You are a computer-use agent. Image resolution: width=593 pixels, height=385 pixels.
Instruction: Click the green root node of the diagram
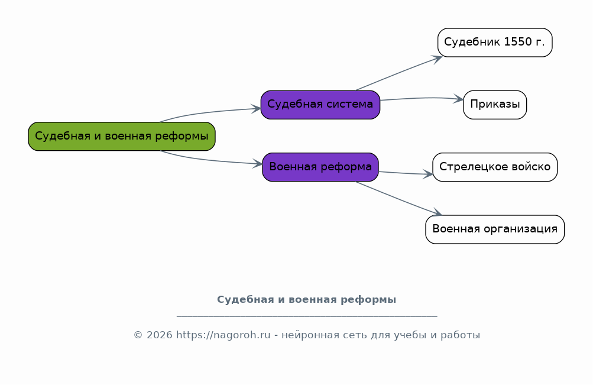pos(122,136)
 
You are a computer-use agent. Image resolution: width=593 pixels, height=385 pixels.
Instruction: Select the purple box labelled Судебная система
pos(320,105)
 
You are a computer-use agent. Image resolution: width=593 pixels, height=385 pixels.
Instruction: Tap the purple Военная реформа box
pos(320,167)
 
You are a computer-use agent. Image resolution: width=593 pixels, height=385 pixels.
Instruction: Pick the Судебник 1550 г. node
pos(495,43)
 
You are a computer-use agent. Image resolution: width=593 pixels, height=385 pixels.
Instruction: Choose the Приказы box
pos(495,105)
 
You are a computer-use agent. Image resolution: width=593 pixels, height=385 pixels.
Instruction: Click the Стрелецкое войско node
pos(495,167)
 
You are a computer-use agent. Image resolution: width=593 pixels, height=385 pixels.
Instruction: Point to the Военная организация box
pos(495,229)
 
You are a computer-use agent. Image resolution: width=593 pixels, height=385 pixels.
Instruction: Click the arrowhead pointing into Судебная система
pos(257,109)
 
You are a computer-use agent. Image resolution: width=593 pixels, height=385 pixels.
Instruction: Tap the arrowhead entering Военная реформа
pos(258,164)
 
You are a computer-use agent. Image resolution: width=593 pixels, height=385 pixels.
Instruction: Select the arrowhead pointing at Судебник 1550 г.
pos(438,58)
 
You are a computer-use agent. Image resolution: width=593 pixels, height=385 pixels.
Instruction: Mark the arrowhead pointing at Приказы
pos(458,99)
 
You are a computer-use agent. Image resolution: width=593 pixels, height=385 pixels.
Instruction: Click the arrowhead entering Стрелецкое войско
pos(427,174)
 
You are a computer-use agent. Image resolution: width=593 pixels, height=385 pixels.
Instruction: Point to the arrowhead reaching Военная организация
pos(437,212)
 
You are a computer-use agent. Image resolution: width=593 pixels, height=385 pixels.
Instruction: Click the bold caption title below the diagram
pos(307,299)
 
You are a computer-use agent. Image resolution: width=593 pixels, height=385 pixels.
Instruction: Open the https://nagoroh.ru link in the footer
pos(223,335)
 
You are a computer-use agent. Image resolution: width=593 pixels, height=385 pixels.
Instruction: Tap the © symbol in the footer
pos(138,335)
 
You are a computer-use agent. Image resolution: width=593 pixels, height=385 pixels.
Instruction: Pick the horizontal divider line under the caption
pos(307,316)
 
